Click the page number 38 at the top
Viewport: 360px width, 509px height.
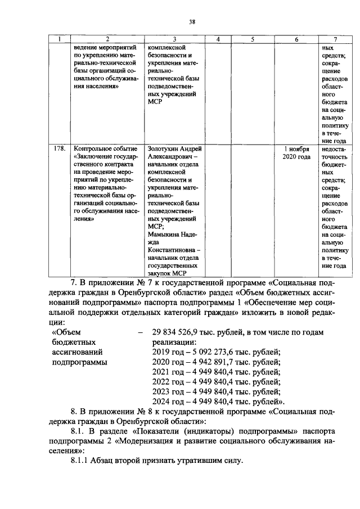click(x=192, y=22)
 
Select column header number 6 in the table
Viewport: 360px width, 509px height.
click(x=296, y=39)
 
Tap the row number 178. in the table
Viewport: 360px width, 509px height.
click(x=58, y=150)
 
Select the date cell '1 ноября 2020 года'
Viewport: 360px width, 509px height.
click(x=296, y=154)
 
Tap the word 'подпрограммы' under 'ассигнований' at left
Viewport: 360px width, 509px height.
click(x=79, y=362)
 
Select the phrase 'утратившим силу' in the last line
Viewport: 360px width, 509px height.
click(x=213, y=461)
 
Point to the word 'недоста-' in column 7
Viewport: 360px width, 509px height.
click(x=335, y=150)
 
